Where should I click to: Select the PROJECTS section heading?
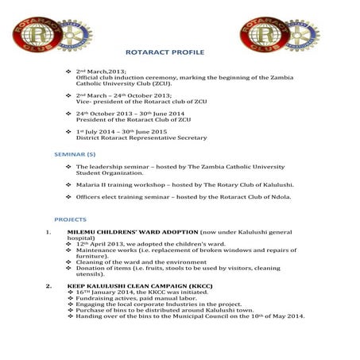coord(70,219)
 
